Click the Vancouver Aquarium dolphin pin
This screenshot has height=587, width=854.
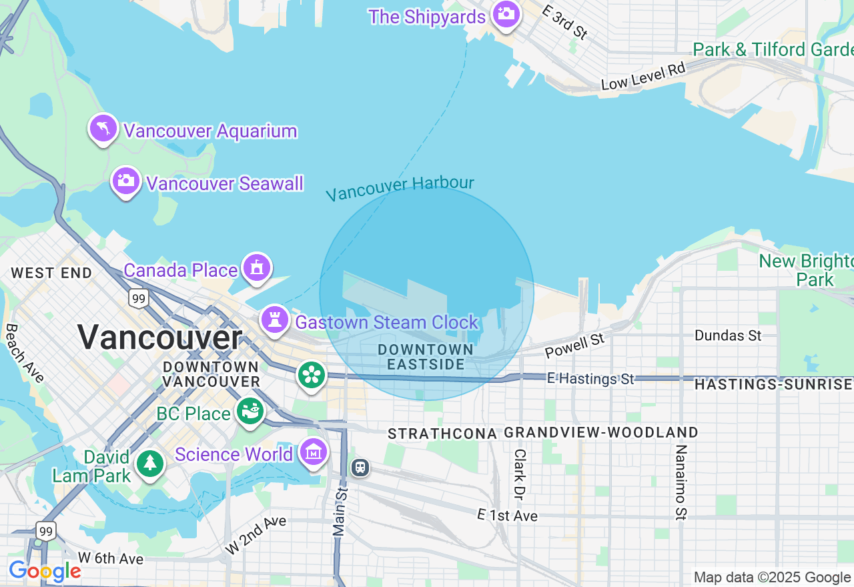point(103,128)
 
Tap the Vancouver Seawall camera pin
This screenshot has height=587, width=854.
point(125,181)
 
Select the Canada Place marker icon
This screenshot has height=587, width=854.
point(257,268)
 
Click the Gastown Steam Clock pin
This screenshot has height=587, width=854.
point(274,320)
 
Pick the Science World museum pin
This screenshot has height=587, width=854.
point(314,452)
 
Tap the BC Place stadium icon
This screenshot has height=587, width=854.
point(250,412)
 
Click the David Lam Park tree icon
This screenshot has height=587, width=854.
point(150,464)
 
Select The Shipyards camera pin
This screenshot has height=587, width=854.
point(506,14)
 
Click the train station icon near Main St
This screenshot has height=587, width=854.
point(360,468)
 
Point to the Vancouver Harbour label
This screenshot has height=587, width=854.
point(400,188)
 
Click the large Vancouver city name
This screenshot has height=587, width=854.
point(159,337)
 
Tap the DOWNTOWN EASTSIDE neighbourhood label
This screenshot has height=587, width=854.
point(426,357)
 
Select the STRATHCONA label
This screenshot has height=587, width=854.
point(442,434)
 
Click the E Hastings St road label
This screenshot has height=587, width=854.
point(590,379)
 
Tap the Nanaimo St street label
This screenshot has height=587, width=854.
point(681,482)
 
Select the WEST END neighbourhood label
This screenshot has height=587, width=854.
point(51,273)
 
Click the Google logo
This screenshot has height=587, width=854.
point(45,571)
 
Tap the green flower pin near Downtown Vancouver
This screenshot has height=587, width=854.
point(311,374)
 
